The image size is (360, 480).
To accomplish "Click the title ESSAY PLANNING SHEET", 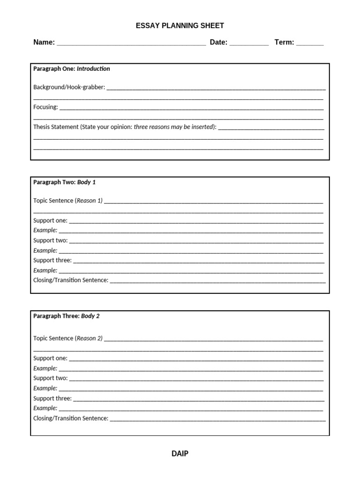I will [x=180, y=26].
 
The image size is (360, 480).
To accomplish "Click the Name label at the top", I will [x=44, y=42].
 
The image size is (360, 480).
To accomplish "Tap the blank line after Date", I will [x=249, y=43].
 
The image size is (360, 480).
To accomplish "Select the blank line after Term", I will [x=310, y=43].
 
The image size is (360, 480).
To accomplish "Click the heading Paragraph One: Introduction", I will [x=71, y=69].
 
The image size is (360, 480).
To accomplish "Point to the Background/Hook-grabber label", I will [x=69, y=87].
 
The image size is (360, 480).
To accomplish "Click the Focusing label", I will [x=45, y=107].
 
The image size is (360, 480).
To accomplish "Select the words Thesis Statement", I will [x=56, y=127].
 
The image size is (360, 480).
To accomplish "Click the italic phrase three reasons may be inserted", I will [x=174, y=127].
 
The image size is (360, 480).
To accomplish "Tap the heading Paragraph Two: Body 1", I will [x=64, y=182].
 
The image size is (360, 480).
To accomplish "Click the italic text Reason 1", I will [x=89, y=201].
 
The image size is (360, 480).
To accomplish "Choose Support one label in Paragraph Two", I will [x=50, y=220].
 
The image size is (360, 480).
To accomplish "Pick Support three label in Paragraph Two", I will [x=52, y=260].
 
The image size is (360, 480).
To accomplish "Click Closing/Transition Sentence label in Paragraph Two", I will [x=71, y=280].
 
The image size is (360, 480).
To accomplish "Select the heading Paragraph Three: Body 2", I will [x=66, y=316].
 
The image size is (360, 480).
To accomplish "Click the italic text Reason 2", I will [x=89, y=338].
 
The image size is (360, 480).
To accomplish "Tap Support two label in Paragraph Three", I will [x=50, y=378].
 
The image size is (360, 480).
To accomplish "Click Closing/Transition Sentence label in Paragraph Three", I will [x=71, y=418].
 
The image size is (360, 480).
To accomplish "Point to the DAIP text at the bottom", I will [x=180, y=454].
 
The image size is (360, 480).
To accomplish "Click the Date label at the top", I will [x=218, y=42].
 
